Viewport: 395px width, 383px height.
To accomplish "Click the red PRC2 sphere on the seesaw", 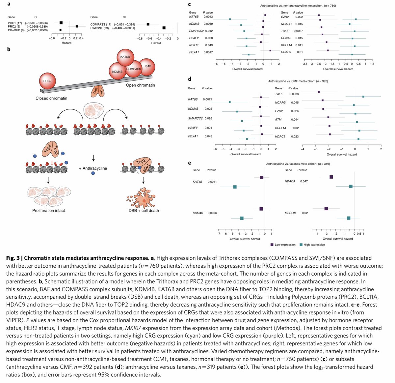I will coord(47,81).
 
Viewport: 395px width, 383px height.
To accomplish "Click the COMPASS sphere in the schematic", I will coord(134,69).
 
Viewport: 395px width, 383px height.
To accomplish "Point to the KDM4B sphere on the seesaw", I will coord(117,72).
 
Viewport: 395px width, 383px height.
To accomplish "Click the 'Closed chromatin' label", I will coord(51,98).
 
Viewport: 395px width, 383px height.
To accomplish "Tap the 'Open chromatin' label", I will coord(140,85).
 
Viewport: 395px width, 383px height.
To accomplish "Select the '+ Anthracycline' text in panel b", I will coord(93,168).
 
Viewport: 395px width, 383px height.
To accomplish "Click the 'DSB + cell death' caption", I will coord(144,210).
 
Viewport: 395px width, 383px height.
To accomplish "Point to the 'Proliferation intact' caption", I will coord(49,210).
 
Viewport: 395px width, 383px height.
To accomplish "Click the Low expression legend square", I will coord(272,245).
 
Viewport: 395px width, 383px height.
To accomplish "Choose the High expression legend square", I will coord(301,245).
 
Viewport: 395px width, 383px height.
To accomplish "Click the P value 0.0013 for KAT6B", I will coord(208,16).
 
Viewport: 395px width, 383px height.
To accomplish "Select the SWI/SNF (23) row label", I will coord(100,28).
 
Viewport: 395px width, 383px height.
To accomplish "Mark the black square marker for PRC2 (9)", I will coord(77,26).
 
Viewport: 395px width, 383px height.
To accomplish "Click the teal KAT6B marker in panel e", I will coord(235,187).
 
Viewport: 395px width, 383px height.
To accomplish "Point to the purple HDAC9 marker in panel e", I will coord(331,177).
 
